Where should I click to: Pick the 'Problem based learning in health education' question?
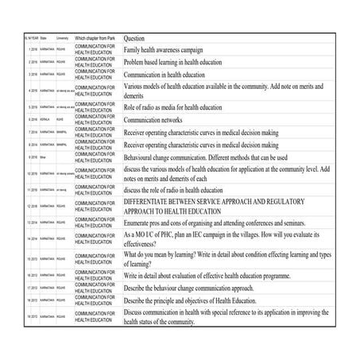184,62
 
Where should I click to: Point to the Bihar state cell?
43,157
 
